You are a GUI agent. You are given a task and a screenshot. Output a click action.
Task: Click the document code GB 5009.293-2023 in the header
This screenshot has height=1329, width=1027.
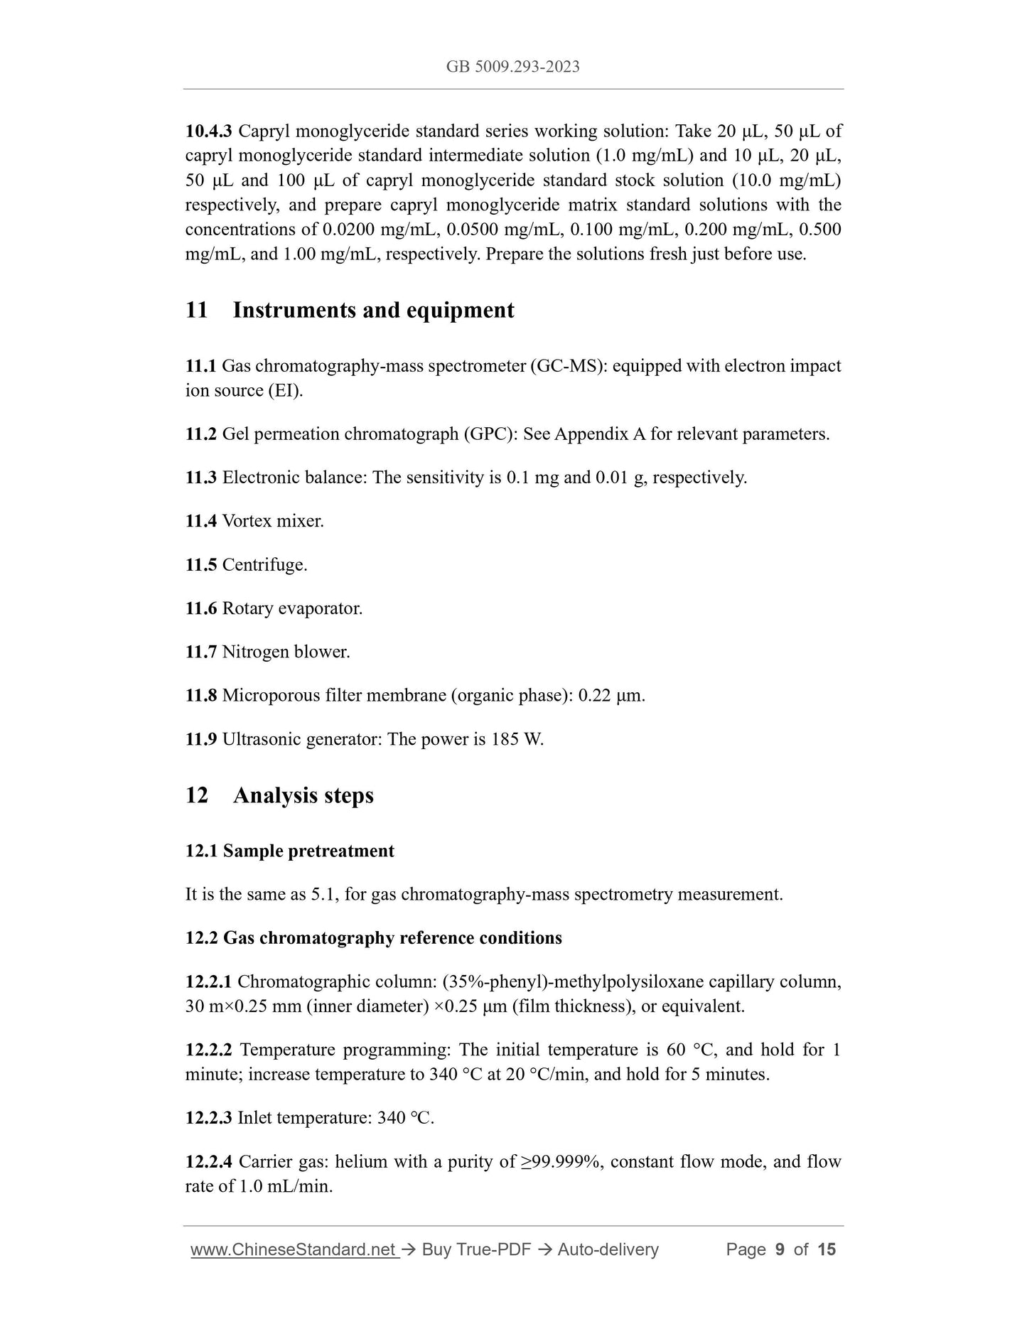(512, 67)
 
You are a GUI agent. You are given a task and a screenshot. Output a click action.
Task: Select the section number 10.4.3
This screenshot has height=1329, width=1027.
(208, 131)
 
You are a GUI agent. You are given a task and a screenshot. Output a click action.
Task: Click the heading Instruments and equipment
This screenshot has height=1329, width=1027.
(373, 311)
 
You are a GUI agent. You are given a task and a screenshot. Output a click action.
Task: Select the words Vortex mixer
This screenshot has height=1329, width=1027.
(273, 521)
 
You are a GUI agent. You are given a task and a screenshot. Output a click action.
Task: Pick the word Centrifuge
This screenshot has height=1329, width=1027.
(264, 565)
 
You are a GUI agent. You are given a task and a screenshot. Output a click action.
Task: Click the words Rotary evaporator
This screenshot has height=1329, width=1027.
(292, 608)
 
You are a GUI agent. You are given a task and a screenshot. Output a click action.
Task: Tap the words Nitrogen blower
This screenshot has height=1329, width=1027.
(286, 652)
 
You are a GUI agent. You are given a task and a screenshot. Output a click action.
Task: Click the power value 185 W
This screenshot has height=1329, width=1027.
(517, 739)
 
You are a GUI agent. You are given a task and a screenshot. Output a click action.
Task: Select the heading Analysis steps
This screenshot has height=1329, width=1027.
(303, 795)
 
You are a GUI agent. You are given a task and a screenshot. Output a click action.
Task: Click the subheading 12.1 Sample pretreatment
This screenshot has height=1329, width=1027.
(289, 851)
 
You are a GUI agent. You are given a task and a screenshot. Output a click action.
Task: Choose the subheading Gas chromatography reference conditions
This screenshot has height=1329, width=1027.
(392, 938)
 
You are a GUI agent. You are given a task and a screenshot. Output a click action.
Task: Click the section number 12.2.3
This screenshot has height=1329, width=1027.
(208, 1118)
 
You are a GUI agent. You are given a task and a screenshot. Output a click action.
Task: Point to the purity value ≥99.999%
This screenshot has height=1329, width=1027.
(562, 1162)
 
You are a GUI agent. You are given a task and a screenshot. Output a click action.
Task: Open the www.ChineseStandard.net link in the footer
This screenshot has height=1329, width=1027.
(294, 1249)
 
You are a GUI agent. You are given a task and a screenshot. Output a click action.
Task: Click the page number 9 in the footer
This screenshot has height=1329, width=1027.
(780, 1249)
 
